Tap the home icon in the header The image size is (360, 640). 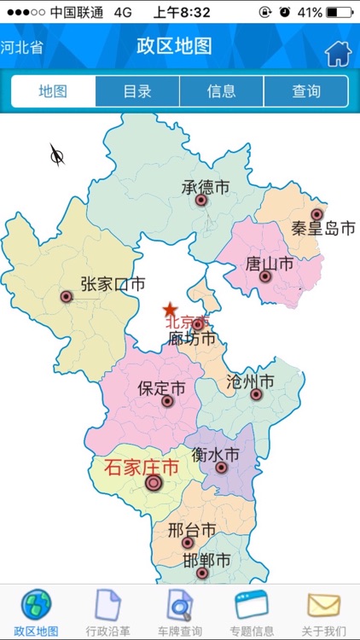(x=338, y=54)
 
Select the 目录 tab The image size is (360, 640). (x=137, y=91)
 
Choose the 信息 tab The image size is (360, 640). (x=222, y=91)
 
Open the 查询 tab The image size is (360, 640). (x=305, y=91)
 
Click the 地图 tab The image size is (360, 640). (x=54, y=91)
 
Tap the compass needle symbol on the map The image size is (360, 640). (x=57, y=154)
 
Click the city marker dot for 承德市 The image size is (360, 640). (x=201, y=201)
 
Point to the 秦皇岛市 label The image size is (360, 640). (x=322, y=229)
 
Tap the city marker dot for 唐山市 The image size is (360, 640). (x=265, y=276)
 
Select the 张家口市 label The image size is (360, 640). (x=113, y=283)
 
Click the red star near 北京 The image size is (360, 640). (x=171, y=310)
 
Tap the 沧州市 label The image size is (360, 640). (x=250, y=381)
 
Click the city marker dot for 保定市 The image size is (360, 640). (x=167, y=401)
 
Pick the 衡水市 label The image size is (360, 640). (x=215, y=454)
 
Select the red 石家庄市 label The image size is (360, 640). (x=142, y=467)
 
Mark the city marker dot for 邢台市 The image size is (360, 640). (x=188, y=543)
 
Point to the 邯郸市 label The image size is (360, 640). (x=206, y=561)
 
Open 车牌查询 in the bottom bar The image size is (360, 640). (x=180, y=613)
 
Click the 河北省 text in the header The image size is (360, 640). (x=23, y=47)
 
